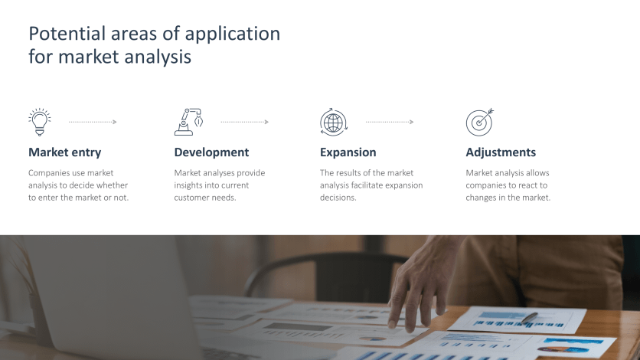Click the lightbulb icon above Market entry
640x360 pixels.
click(x=40, y=122)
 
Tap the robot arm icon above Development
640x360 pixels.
click(x=188, y=122)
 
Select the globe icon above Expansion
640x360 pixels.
click(x=334, y=122)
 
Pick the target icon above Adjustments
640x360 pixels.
click(x=480, y=122)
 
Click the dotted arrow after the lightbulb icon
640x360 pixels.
click(x=93, y=122)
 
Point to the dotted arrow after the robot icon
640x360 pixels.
click(x=244, y=122)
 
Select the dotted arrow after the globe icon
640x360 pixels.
click(x=390, y=122)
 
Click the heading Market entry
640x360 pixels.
click(x=65, y=152)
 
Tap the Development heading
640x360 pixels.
click(x=211, y=152)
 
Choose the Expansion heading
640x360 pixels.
click(x=348, y=152)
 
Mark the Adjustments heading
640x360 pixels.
click(x=501, y=152)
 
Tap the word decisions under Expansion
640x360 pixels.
click(x=338, y=198)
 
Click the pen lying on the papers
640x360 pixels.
click(x=529, y=318)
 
